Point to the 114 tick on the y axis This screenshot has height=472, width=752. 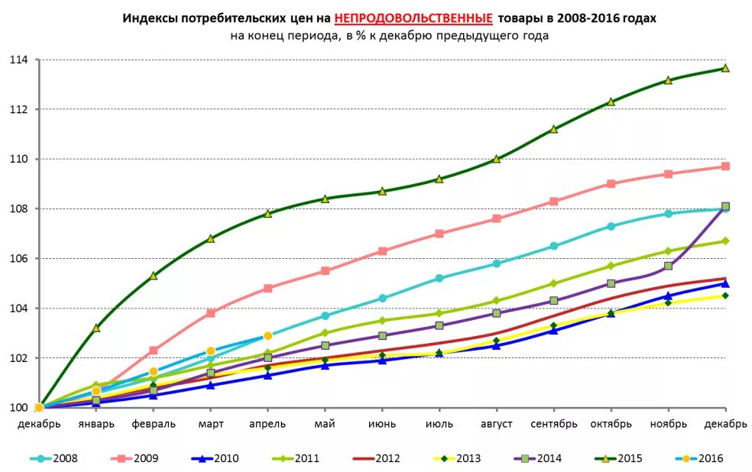tap(18, 60)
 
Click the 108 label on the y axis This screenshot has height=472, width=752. tap(18, 209)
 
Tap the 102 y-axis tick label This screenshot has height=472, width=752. tap(18, 358)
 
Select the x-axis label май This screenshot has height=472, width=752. tap(325, 424)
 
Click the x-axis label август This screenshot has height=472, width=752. tap(496, 424)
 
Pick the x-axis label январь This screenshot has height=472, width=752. tap(96, 424)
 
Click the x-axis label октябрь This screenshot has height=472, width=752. tap(611, 424)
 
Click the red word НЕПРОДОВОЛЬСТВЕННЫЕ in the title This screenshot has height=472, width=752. tap(413, 18)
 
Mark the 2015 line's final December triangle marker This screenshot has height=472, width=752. tap(725, 68)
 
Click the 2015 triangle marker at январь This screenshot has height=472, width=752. tap(96, 328)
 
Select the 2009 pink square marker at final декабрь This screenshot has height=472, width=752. tap(725, 166)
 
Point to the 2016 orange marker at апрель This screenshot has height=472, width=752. tap(268, 336)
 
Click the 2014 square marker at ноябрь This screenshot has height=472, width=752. tap(668, 266)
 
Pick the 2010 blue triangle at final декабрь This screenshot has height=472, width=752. tap(725, 283)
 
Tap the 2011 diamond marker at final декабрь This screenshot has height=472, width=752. tap(725, 241)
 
